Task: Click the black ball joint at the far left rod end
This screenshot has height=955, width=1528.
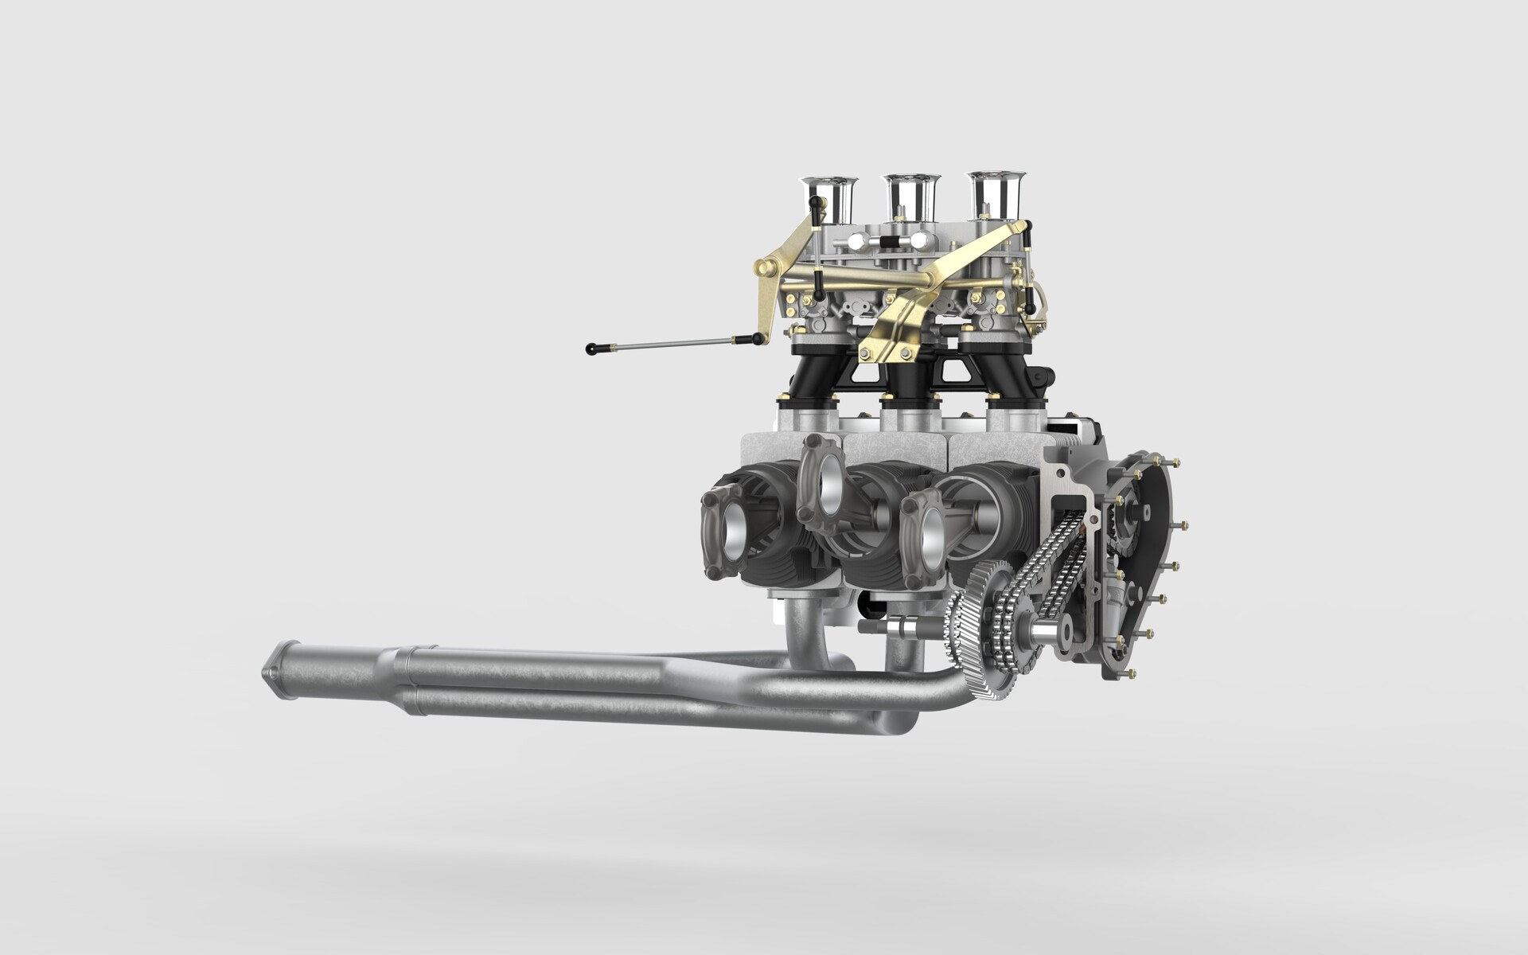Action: click(592, 348)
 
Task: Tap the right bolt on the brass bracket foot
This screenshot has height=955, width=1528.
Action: click(905, 353)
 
